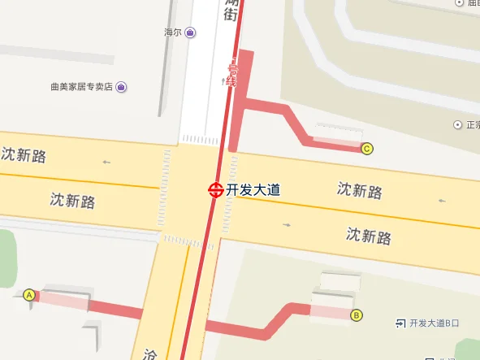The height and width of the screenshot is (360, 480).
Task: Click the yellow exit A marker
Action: point(30,295)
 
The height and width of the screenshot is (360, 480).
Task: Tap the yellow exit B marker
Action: point(356,315)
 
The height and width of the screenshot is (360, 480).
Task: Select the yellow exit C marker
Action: point(367,148)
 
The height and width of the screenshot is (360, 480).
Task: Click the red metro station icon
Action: point(215,189)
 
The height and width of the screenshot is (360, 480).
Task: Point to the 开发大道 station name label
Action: point(253,189)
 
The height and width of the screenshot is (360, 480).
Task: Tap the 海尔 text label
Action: point(171,33)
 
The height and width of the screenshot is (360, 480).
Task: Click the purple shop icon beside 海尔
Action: point(189,33)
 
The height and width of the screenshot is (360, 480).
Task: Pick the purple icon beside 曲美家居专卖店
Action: point(120,87)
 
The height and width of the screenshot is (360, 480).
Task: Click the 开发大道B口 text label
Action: point(435,323)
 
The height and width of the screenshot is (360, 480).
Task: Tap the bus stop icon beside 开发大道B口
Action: point(400,323)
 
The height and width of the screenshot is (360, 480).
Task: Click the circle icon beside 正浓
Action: point(457,125)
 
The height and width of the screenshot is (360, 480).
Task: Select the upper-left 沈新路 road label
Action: point(23,155)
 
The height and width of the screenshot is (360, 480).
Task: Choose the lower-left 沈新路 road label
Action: point(72,199)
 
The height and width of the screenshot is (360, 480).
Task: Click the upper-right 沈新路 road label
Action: point(360,191)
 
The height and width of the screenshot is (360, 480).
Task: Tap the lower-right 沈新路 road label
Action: point(369,236)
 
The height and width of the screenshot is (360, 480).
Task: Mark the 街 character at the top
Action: point(231,14)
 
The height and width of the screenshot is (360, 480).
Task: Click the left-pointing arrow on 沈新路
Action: point(106,163)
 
